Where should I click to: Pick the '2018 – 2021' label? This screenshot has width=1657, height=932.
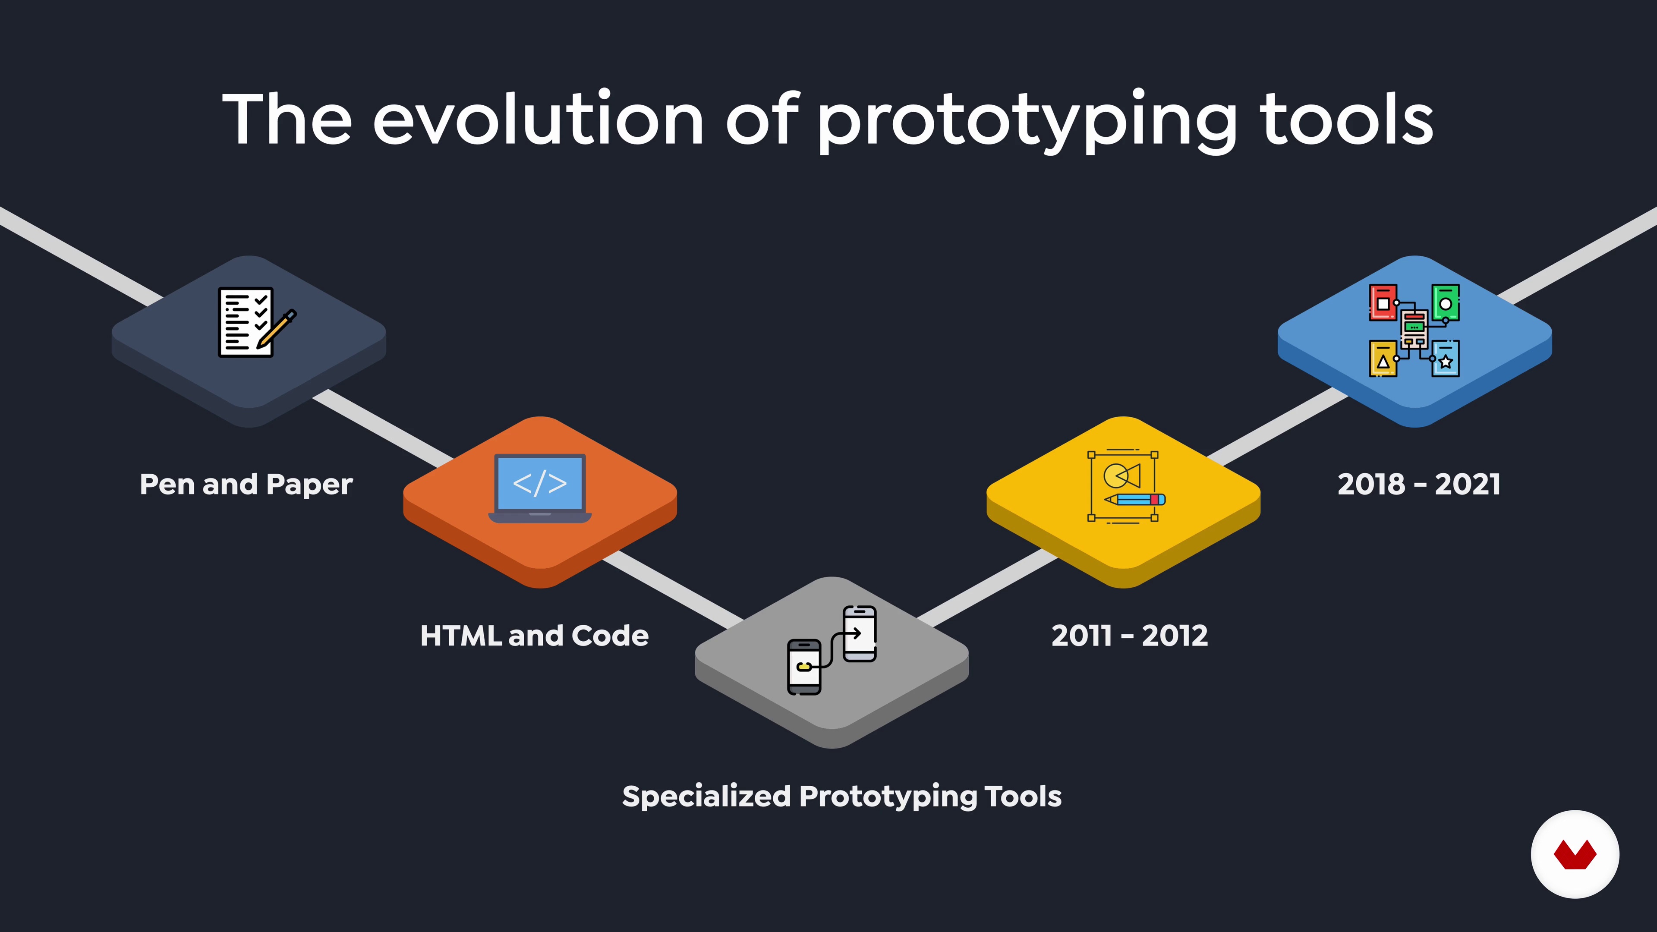point(1419,484)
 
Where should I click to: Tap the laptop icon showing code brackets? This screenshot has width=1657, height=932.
point(540,488)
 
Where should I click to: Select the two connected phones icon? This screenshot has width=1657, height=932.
point(832,650)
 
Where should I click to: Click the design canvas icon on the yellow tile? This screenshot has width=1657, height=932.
point(1126,486)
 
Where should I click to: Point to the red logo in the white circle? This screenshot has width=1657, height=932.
point(1575,854)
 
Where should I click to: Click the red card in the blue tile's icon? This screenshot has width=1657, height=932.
point(1383,302)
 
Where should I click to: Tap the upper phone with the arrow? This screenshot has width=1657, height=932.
point(860,633)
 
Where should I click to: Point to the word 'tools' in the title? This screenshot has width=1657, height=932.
point(1346,119)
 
